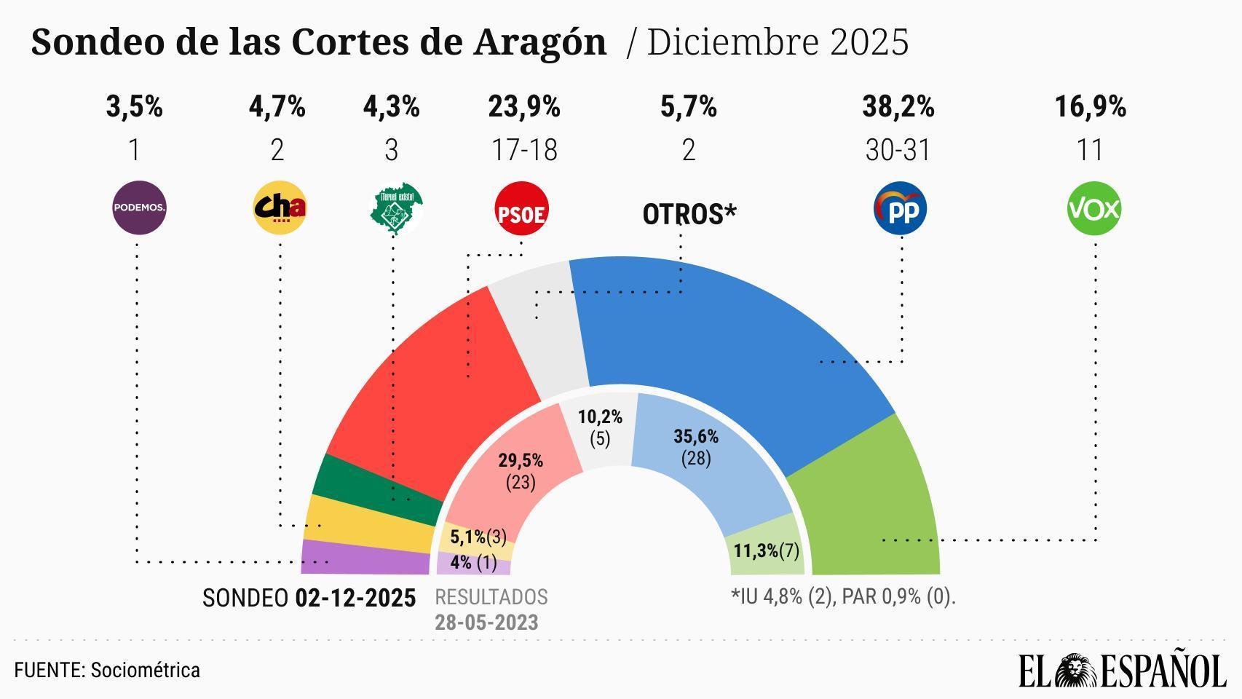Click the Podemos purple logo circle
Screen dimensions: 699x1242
coord(139,208)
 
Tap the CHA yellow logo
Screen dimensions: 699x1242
coord(280,208)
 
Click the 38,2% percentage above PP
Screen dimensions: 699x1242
coord(898,107)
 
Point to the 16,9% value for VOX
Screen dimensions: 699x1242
coord(1090,107)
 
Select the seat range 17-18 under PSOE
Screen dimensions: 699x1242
coord(524,151)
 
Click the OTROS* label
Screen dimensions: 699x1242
coord(689,214)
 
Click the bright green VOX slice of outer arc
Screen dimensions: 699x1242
coord(874,502)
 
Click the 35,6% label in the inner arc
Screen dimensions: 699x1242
coord(696,437)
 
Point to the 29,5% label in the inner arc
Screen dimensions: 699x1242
coord(520,461)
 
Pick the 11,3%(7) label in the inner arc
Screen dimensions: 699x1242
coord(766,550)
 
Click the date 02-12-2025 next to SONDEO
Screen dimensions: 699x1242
coord(355,599)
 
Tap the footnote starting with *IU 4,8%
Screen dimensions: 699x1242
coord(842,597)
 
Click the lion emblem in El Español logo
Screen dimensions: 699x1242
coord(1077,670)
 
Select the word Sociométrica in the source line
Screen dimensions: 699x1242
coord(145,670)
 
